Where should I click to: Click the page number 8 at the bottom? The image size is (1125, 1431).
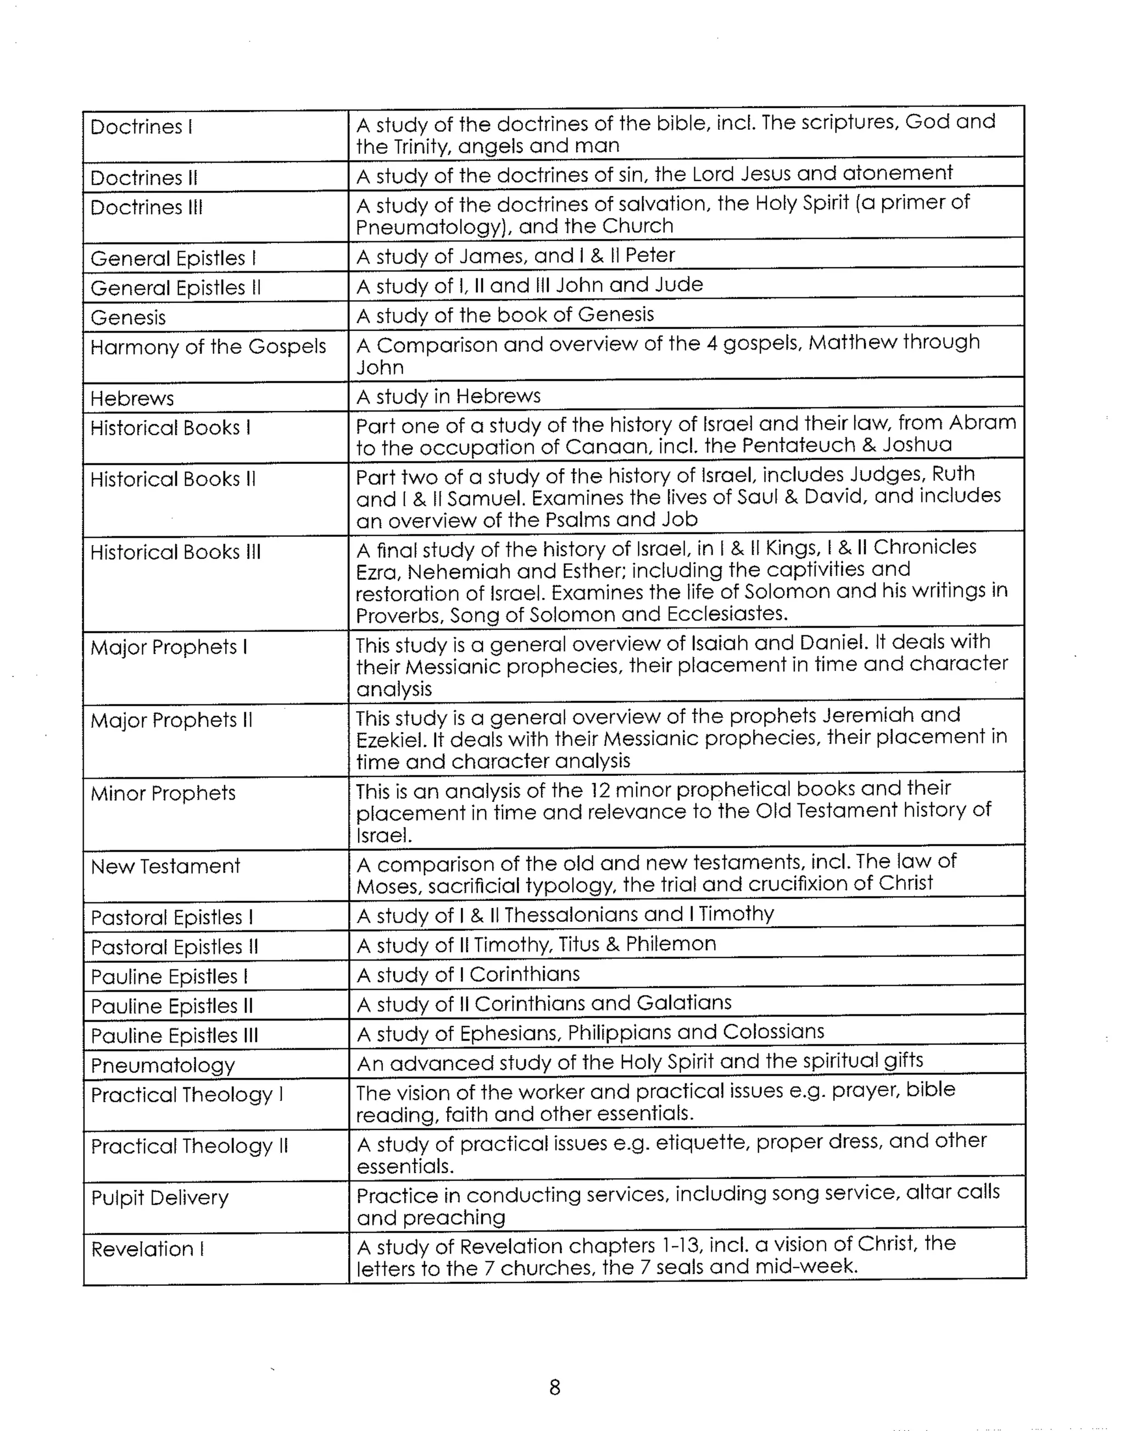click(555, 1388)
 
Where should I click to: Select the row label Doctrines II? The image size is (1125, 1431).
click(143, 178)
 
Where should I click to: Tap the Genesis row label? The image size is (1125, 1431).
click(128, 318)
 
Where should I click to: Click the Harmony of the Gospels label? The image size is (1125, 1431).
click(208, 347)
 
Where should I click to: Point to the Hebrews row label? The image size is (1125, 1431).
click(132, 398)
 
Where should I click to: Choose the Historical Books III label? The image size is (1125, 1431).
click(175, 552)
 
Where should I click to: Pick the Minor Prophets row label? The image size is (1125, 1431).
click(163, 793)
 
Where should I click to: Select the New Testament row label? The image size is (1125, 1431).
click(165, 867)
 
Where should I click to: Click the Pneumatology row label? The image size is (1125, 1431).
click(163, 1066)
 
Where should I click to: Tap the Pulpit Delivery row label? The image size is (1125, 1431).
click(159, 1198)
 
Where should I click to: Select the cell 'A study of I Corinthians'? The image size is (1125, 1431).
click(467, 974)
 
